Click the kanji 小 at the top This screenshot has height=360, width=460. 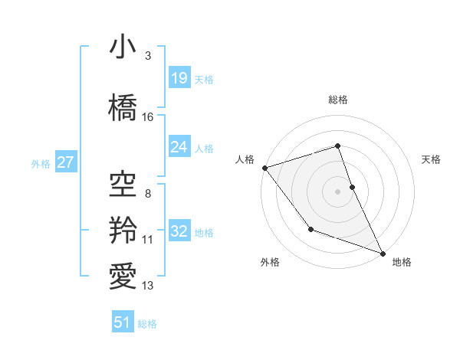(123, 47)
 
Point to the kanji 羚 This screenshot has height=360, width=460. (123, 229)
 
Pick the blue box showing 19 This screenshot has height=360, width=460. (179, 77)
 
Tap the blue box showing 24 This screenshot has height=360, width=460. (179, 146)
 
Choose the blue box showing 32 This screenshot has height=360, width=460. (179, 231)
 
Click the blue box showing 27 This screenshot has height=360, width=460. (65, 162)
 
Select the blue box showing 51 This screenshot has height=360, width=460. (123, 322)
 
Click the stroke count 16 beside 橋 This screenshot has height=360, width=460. (148, 117)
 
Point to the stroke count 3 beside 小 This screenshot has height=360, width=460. (148, 56)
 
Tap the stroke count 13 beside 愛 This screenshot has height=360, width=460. (148, 286)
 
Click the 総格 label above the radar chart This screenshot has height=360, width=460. (338, 100)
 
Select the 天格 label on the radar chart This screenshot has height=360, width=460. (432, 159)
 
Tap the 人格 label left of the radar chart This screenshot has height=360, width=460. (245, 159)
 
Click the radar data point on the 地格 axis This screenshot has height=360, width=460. (383, 253)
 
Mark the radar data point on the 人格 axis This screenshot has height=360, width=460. (264, 168)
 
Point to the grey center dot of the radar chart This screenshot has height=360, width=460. (338, 191)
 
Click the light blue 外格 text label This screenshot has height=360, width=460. (41, 163)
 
